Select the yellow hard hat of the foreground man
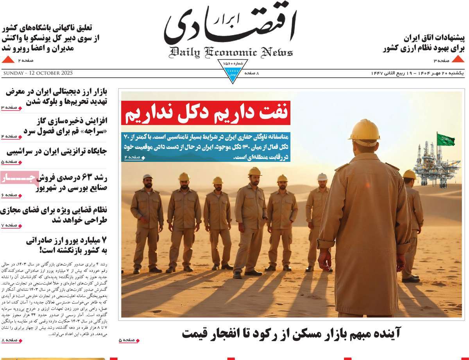click(x=363, y=130)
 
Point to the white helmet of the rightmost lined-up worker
click(x=322, y=177)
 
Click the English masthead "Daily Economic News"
click(x=231, y=52)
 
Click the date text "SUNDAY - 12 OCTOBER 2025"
click(x=38, y=73)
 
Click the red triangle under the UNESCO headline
click(x=8, y=59)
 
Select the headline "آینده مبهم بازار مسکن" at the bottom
click(x=291, y=333)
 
